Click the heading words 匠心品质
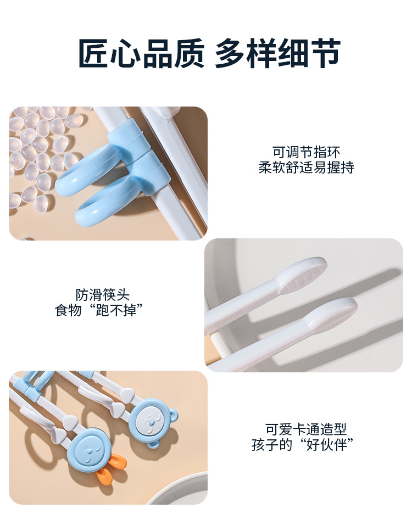[141, 54]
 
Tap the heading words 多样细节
[277, 54]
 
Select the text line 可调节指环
[306, 152]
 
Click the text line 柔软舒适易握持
[306, 167]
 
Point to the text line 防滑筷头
[103, 295]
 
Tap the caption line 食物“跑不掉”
[99, 310]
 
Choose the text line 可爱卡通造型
[306, 429]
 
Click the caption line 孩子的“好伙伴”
[303, 444]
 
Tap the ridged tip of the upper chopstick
[303, 275]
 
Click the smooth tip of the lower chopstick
[332, 313]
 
